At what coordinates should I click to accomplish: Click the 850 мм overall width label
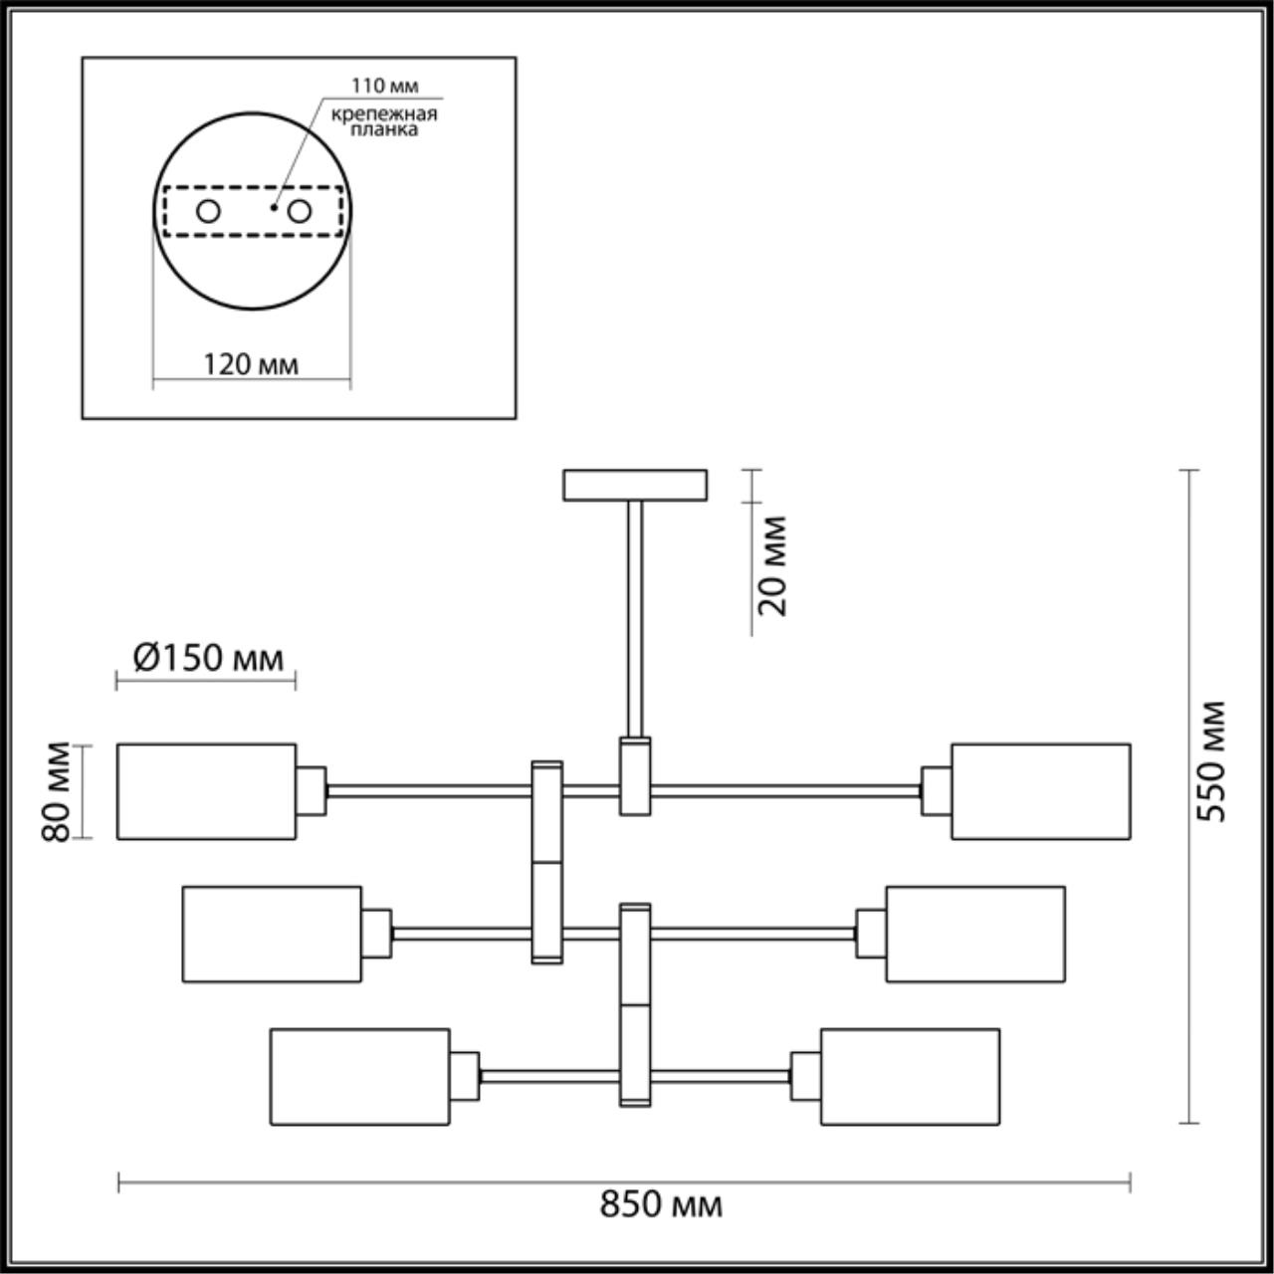click(x=661, y=1205)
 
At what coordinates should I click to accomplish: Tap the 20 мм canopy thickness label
click(x=772, y=565)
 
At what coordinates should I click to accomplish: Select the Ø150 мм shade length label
click(x=207, y=658)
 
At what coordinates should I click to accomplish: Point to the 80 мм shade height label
click(x=58, y=791)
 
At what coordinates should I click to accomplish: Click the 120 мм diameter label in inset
click(x=251, y=364)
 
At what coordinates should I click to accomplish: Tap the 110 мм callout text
click(x=385, y=87)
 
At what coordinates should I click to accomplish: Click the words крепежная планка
click(x=384, y=121)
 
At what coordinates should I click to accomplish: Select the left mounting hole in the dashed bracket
click(x=208, y=211)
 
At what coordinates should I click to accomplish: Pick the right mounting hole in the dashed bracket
click(x=300, y=211)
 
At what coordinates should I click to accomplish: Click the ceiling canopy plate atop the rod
click(x=635, y=485)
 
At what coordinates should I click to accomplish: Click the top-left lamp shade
click(x=206, y=791)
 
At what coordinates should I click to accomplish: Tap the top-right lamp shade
click(x=1040, y=791)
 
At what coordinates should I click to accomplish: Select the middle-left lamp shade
click(x=272, y=935)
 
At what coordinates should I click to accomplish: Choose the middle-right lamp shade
click(x=974, y=935)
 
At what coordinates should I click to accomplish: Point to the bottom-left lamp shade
click(x=359, y=1077)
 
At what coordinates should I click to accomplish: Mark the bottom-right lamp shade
click(x=910, y=1077)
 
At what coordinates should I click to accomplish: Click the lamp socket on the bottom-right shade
click(x=805, y=1077)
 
